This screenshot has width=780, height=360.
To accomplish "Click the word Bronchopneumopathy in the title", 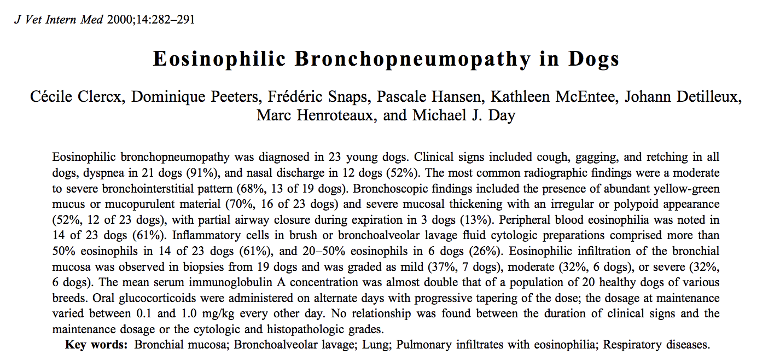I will [413, 59].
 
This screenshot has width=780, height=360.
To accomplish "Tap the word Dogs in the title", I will [594, 59].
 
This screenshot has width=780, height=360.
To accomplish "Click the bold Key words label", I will [96, 345].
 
